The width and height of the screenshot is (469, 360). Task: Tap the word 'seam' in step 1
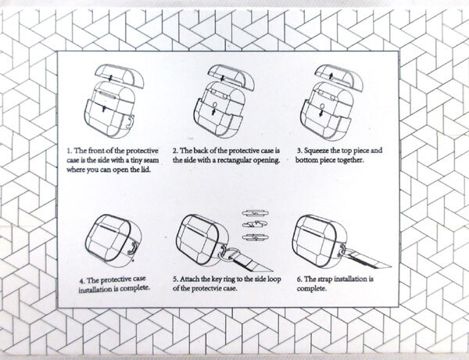(152, 160)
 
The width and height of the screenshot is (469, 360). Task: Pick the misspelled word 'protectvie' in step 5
(206, 289)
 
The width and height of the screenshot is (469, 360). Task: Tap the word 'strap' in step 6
(324, 280)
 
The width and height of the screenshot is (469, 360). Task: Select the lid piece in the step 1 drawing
(120, 76)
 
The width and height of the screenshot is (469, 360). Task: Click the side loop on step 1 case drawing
(130, 123)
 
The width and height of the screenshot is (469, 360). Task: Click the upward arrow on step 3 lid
(331, 75)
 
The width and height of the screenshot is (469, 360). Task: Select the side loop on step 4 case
(133, 248)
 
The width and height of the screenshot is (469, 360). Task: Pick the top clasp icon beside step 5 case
(255, 213)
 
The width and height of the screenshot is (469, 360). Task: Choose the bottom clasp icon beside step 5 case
(255, 238)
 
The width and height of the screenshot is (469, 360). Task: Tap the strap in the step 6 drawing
(369, 259)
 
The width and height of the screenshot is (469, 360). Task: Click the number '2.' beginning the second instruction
(176, 151)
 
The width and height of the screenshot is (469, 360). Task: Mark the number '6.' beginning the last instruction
(299, 280)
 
